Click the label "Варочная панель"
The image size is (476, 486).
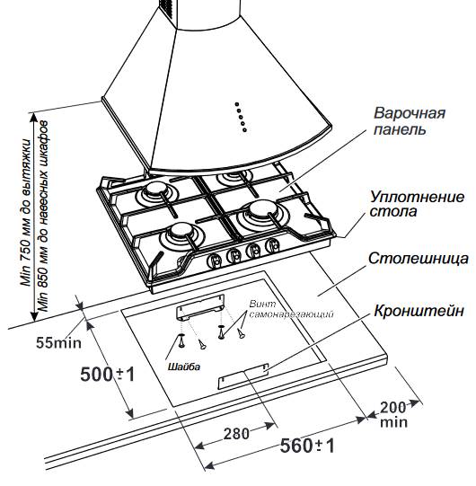pos(409,121)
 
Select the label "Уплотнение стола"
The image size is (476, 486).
pos(417,204)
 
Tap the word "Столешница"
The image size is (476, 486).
pos(419,259)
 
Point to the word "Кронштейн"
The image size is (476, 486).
pos(419,311)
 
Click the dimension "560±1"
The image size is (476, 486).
pos(307,446)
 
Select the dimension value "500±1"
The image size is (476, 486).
pos(108,374)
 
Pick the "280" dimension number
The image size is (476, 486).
pos(236,434)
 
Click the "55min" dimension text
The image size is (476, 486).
pos(59,343)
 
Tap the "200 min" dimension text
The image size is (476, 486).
pos(393,414)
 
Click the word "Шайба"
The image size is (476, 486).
pos(184,367)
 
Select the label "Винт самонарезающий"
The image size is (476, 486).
pos(291,309)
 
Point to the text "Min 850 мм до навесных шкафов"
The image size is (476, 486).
pos(43,216)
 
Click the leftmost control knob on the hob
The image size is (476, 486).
pos(214,259)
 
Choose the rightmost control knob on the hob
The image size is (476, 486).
pos(272,244)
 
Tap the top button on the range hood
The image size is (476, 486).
pos(237,104)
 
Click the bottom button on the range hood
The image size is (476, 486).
pos(244,130)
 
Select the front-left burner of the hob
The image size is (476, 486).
pos(181,234)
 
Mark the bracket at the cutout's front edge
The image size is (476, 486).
pos(243,376)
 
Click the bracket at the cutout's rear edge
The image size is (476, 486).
pos(200,307)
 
